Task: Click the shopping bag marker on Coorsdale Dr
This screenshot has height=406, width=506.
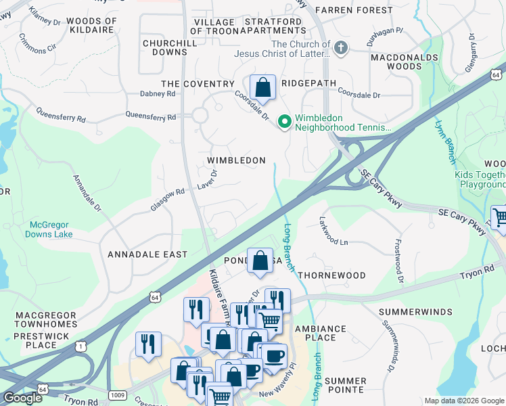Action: (262, 88)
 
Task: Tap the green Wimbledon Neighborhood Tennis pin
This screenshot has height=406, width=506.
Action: (285, 122)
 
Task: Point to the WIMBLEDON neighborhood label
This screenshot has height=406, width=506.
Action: (235, 160)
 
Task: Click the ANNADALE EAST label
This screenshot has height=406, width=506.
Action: (147, 254)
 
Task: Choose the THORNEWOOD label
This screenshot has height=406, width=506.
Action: (331, 276)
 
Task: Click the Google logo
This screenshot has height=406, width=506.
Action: (22, 398)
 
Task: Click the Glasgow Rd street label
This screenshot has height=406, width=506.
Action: (167, 200)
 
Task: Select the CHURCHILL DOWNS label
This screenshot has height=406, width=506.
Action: (164, 47)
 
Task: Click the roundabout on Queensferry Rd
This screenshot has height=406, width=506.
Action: (200, 115)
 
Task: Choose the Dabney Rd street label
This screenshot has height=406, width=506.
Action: (157, 94)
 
